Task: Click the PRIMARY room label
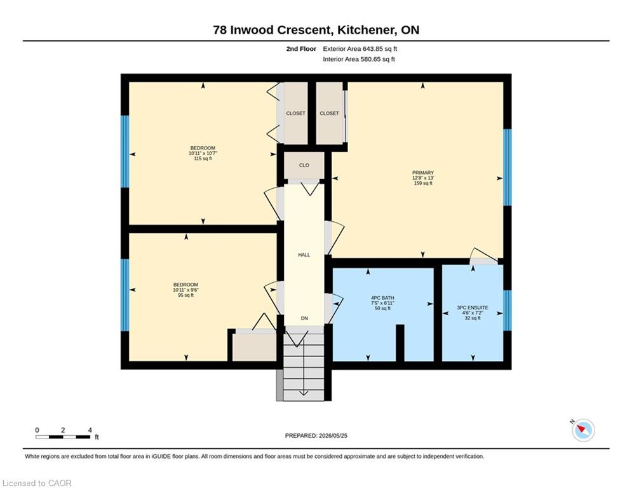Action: click(x=423, y=173)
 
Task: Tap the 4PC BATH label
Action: click(x=382, y=298)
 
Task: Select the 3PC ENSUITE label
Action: click(x=473, y=308)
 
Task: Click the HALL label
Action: click(x=304, y=255)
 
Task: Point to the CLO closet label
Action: click(x=304, y=165)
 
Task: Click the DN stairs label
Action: click(x=304, y=318)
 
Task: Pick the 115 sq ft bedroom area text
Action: click(x=203, y=158)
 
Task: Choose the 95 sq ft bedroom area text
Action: click(x=186, y=295)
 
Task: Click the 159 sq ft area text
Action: click(x=423, y=183)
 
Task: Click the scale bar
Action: click(x=63, y=437)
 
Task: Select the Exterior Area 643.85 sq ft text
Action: click(x=360, y=49)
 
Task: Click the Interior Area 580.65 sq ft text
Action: click(x=359, y=59)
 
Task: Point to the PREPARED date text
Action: click(x=316, y=435)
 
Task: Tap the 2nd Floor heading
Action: click(x=301, y=49)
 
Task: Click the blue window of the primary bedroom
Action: click(x=508, y=167)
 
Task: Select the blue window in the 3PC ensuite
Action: click(x=508, y=311)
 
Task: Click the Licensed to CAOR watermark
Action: click(x=37, y=483)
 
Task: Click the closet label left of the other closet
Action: click(x=295, y=113)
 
